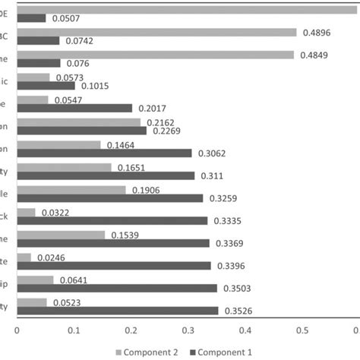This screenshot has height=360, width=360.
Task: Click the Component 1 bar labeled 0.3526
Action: [x=117, y=311]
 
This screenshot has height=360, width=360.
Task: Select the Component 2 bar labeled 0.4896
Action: [x=156, y=32]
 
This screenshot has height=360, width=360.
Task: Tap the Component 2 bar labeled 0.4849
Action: [x=155, y=55]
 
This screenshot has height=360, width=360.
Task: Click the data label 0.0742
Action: [x=78, y=41]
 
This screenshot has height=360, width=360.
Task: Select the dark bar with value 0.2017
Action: [x=74, y=108]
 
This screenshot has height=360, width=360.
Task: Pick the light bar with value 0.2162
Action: [x=78, y=122]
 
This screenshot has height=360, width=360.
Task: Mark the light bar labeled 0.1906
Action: [x=71, y=189]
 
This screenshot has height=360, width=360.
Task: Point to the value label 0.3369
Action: [x=229, y=243]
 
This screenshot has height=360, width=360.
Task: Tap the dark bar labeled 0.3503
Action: [x=116, y=289]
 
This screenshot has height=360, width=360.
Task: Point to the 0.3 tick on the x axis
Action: [x=188, y=330]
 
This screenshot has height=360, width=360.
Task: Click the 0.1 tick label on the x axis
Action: [x=74, y=330]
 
